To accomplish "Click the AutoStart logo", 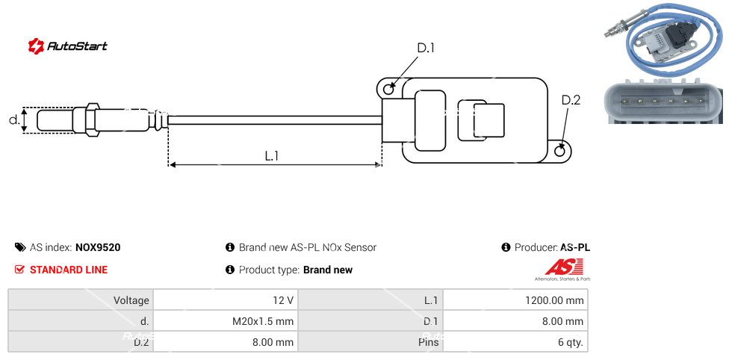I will [67, 46].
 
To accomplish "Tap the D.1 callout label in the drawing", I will [425, 49].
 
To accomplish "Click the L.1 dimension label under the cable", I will [272, 156].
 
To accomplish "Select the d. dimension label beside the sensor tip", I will [13, 120].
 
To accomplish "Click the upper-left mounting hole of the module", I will [388, 89].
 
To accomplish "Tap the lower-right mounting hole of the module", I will [561, 152].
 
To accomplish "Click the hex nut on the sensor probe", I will [93, 120].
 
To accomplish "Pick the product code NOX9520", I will [98, 247].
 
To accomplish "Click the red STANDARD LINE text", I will [69, 270].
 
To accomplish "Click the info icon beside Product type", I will [230, 270].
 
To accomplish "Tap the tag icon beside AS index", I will [20, 247].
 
